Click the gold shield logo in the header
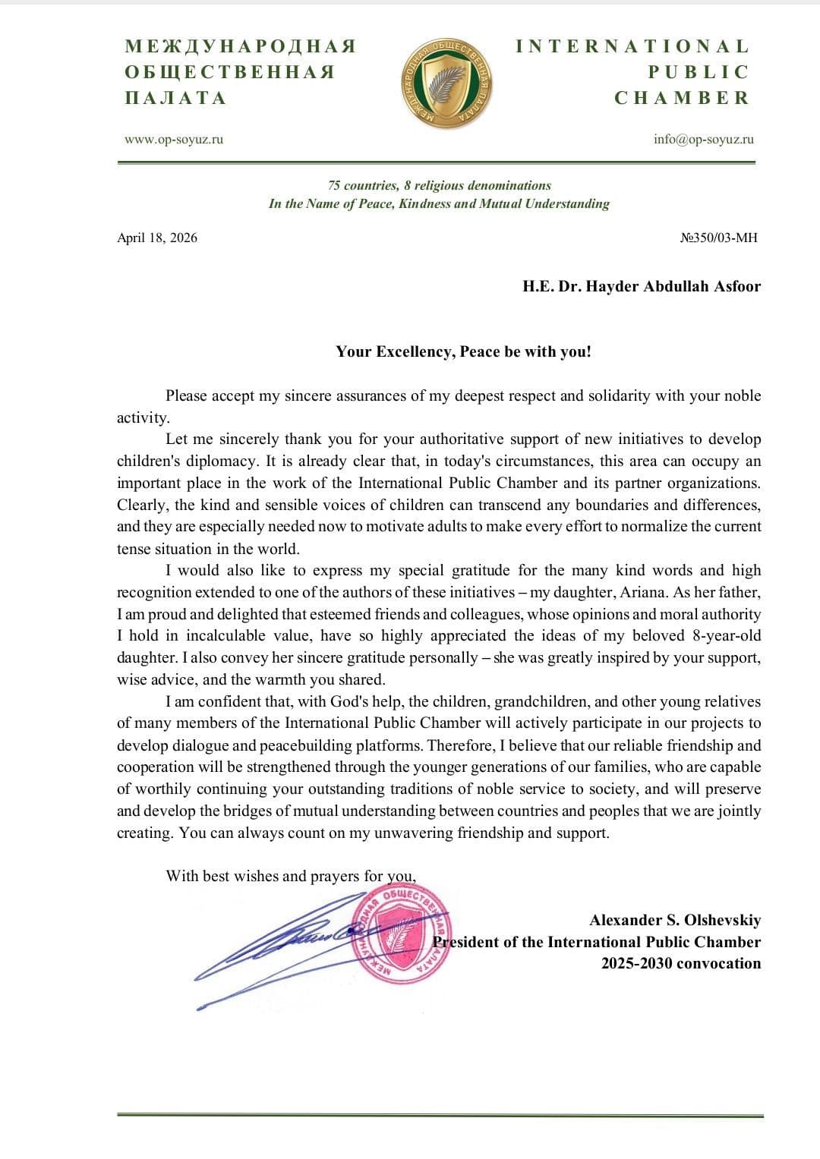446,84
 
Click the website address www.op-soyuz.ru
174,139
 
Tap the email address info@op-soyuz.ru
703,139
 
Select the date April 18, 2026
157,238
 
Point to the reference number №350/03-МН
718,238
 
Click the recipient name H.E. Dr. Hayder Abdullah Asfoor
641,286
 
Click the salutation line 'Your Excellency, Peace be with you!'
463,351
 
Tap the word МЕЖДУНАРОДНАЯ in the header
241,46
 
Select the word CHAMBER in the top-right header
681,98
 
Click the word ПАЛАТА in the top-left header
175,98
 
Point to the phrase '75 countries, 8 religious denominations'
440,185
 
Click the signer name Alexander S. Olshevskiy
674,920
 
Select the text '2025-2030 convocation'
680,963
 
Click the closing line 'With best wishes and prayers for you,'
291,876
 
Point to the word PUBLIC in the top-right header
698,72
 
